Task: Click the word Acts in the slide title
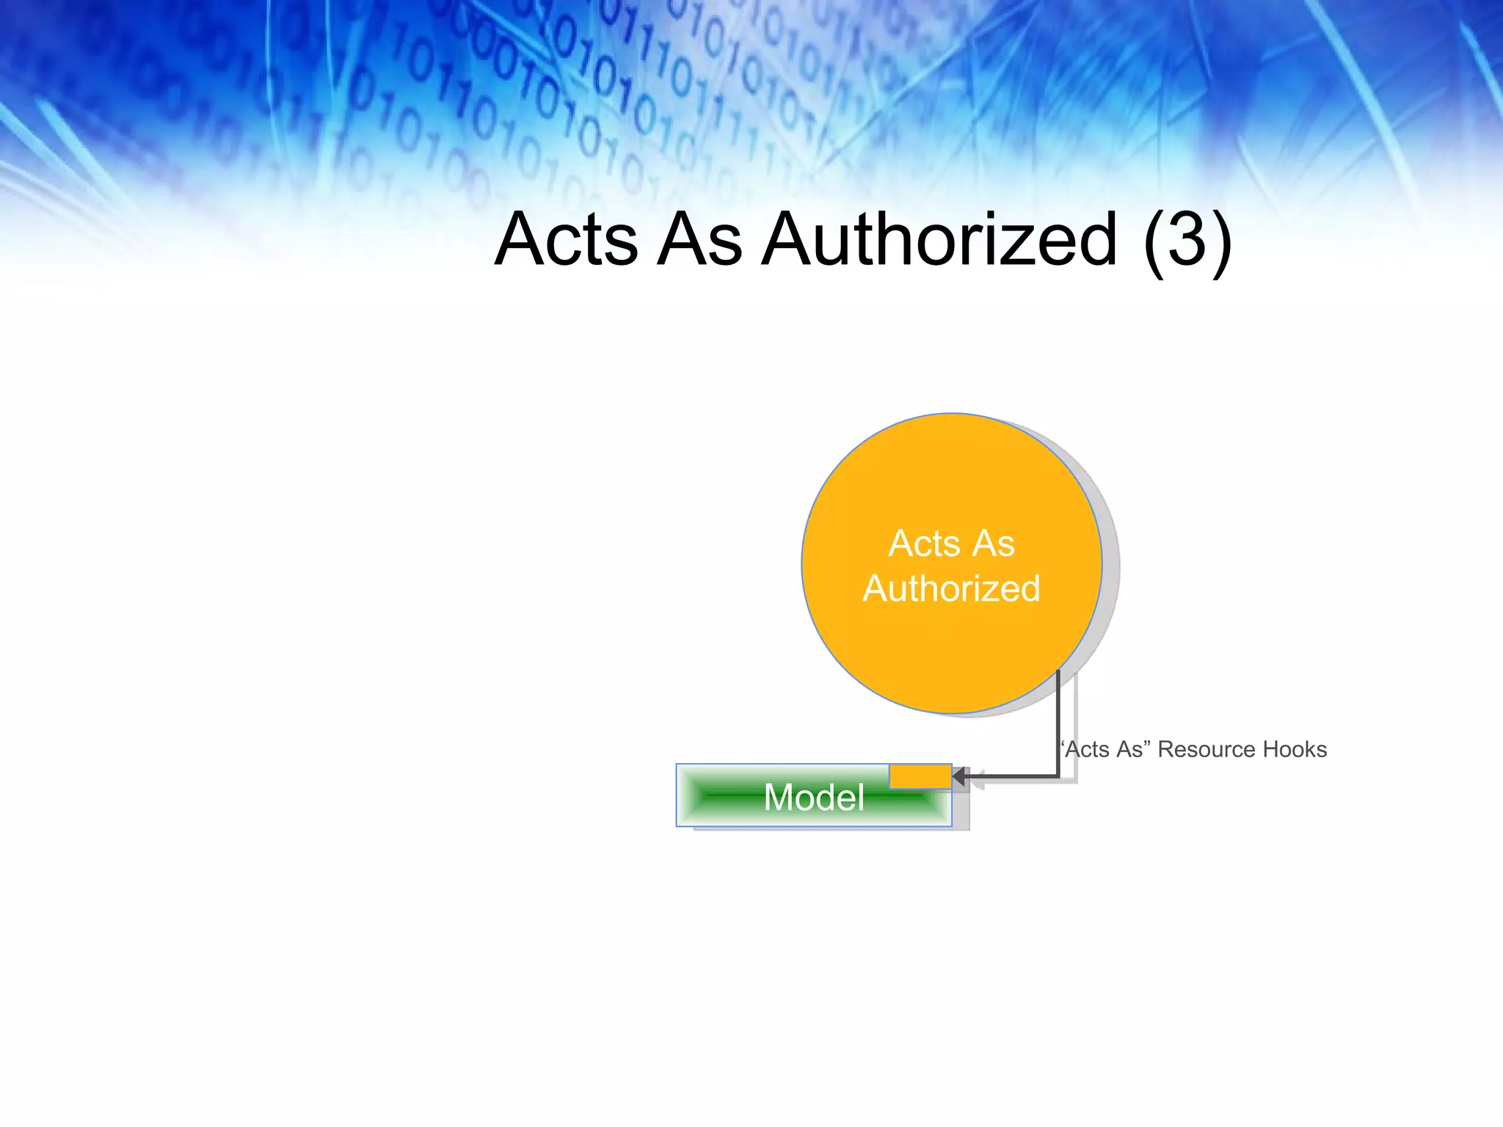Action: tap(566, 240)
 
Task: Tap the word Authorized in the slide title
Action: tap(940, 240)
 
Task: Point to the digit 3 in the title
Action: tap(1187, 240)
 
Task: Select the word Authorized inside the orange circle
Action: tap(952, 589)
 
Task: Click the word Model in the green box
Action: tap(814, 798)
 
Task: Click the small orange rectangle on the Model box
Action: tap(920, 776)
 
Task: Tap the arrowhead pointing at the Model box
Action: tap(958, 776)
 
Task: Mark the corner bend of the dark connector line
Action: tap(1058, 776)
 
